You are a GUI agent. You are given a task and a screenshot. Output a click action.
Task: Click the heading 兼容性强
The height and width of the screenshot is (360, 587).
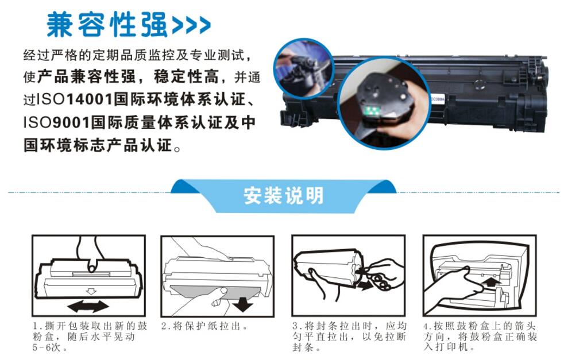(107, 25)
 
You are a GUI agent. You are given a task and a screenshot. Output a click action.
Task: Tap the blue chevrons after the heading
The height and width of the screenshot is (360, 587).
(191, 25)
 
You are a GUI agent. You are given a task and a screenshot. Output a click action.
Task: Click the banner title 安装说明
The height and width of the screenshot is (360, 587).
(283, 195)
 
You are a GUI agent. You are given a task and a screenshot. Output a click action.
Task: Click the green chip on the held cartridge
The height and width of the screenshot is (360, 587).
(373, 110)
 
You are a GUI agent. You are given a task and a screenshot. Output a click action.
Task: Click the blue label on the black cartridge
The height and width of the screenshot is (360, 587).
(437, 99)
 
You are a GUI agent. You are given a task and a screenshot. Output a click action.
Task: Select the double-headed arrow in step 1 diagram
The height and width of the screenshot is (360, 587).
(88, 306)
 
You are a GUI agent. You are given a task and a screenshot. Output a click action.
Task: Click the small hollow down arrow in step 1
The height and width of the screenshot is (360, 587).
(91, 291)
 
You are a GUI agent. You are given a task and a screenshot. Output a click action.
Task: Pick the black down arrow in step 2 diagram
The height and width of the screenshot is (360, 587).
(242, 304)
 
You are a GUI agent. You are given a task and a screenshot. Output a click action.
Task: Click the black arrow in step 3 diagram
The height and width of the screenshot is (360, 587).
(364, 286)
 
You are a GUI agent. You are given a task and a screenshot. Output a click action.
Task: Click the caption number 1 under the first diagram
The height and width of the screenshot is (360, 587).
(36, 326)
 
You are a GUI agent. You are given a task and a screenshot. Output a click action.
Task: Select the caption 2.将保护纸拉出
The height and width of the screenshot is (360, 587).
(204, 326)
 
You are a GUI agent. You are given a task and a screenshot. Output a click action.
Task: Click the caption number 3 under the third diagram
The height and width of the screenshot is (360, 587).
(295, 326)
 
